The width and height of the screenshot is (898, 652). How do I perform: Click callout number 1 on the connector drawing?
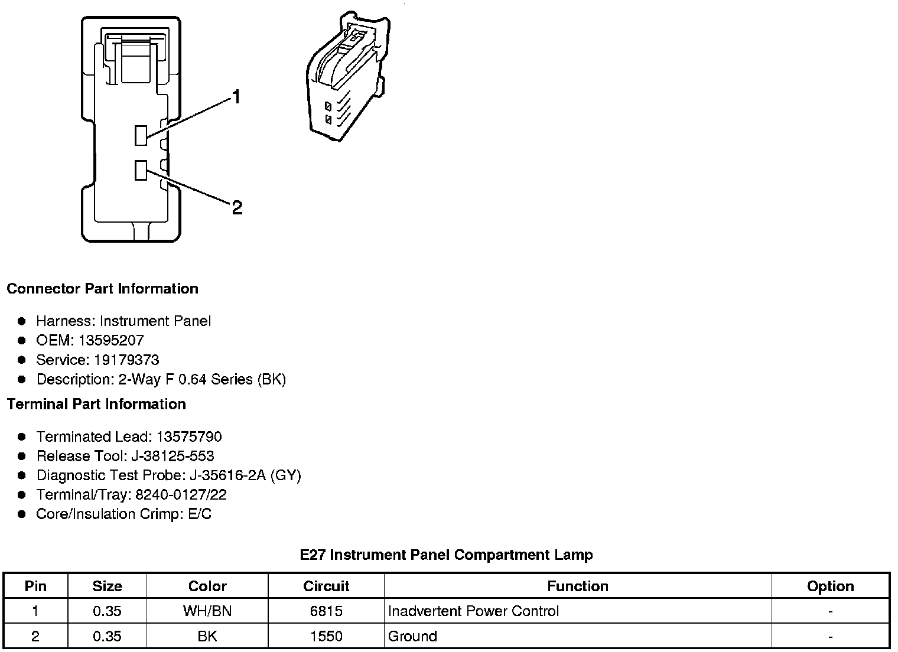point(236,97)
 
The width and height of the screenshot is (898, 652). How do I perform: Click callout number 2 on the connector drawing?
point(237,207)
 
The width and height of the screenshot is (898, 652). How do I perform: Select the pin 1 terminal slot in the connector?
point(141,135)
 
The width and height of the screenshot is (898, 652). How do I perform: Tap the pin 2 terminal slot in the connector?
point(141,170)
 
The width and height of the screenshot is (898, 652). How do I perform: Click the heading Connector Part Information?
point(102,289)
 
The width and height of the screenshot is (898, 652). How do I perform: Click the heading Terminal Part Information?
point(96,404)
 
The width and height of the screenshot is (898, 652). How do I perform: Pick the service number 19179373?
point(126,360)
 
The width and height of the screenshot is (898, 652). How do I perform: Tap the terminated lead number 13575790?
point(189,436)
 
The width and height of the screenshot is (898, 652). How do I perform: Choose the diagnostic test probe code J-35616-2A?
point(228,475)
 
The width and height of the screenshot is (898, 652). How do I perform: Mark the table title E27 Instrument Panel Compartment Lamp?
point(446,555)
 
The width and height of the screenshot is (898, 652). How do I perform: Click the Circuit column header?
point(326,586)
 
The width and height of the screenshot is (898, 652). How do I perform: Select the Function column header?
point(577,586)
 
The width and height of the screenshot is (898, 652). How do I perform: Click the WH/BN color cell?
point(207,611)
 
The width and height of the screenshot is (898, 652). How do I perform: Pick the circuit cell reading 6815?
point(326,611)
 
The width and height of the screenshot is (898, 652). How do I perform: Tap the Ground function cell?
point(412,636)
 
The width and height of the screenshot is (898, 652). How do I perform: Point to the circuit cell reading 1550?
point(326,636)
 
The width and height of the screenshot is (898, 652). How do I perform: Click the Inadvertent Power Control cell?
point(473,611)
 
